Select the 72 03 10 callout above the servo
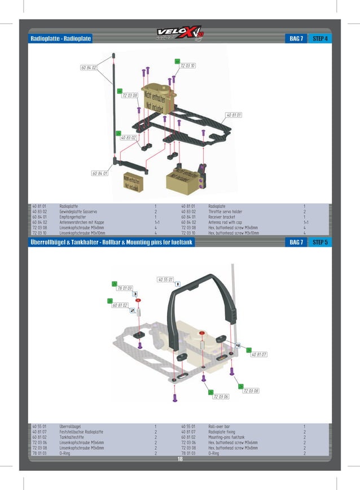188,65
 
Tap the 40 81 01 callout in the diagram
234,115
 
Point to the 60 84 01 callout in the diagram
100,173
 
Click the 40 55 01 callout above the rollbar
165,279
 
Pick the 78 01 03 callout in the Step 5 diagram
125,288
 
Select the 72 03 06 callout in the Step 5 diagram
221,397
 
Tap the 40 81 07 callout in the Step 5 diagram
259,355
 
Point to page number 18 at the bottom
180,459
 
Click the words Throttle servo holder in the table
225,211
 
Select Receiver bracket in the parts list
221,216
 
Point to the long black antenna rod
115,107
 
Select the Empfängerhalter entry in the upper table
72,216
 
